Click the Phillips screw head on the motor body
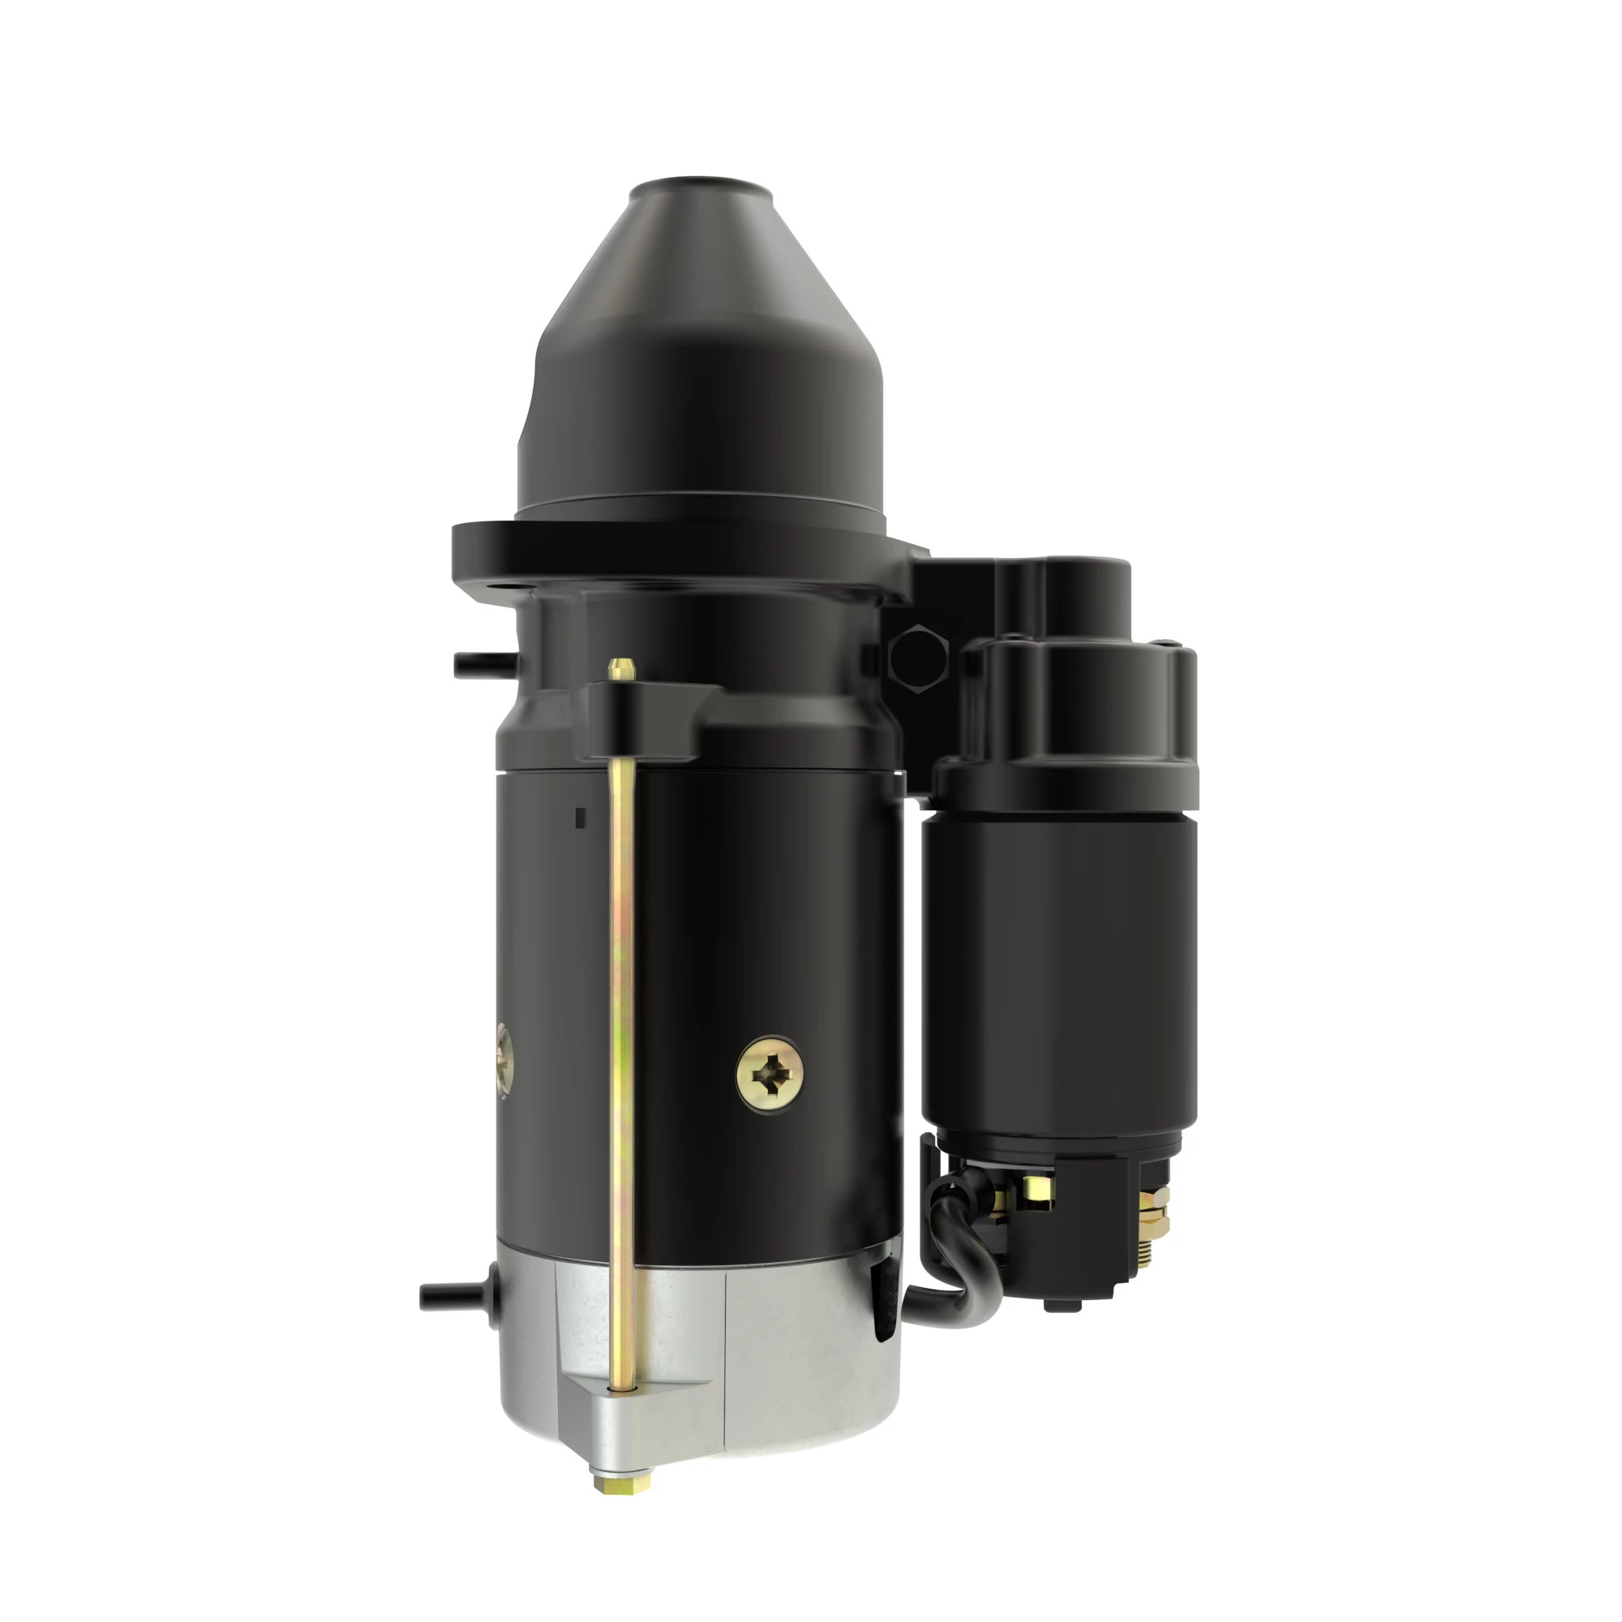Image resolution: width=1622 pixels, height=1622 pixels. pos(770,1075)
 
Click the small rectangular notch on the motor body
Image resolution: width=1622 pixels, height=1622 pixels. pos(579,817)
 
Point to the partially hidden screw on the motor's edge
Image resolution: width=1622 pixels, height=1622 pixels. pos(504,1060)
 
